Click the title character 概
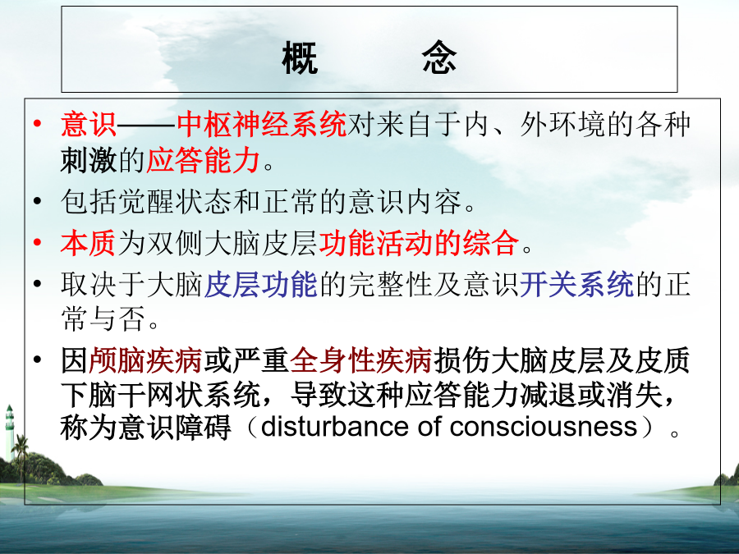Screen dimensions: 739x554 pyautogui.click(x=300, y=57)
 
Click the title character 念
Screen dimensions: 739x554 pyautogui.click(x=438, y=57)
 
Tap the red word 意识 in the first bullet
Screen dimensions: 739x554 pyautogui.click(x=89, y=125)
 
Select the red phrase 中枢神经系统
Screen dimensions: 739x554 pyautogui.click(x=262, y=125)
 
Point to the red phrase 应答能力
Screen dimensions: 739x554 pyautogui.click(x=203, y=160)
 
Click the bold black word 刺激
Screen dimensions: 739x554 pyautogui.click(x=89, y=160)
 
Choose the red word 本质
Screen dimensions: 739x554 pyautogui.click(x=88, y=243)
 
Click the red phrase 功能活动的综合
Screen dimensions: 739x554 pyautogui.click(x=419, y=243)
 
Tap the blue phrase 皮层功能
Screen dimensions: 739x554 pyautogui.click(x=260, y=285)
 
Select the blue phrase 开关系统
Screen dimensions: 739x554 pyautogui.click(x=577, y=285)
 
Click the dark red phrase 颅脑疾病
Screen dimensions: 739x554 pyautogui.click(x=145, y=360)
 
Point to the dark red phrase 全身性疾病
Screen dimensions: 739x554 pyautogui.click(x=361, y=360)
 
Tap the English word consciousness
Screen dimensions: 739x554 pyautogui.click(x=544, y=427)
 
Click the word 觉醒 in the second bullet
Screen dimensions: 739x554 pyautogui.click(x=146, y=202)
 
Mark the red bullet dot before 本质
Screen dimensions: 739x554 pyautogui.click(x=37, y=243)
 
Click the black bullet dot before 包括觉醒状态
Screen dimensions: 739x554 pyautogui.click(x=37, y=202)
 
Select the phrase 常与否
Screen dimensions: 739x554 pyautogui.click(x=103, y=318)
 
